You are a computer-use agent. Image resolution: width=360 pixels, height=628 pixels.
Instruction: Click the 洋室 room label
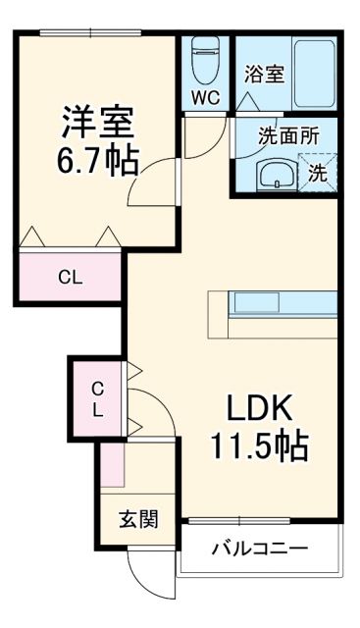click(x=95, y=123)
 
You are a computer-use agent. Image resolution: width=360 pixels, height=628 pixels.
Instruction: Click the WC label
click(x=205, y=97)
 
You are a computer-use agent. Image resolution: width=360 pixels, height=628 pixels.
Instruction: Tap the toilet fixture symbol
click(x=205, y=59)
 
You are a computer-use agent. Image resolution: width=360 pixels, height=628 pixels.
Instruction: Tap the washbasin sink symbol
click(x=272, y=176)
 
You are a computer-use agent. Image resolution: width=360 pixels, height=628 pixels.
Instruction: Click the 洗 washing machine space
click(x=317, y=173)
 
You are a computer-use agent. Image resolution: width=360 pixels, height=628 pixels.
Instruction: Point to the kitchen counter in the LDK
click(x=274, y=304)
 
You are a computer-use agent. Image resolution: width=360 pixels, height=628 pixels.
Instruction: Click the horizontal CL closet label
click(x=69, y=277)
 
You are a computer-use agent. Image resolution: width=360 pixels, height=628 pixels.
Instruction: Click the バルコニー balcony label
click(x=259, y=549)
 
